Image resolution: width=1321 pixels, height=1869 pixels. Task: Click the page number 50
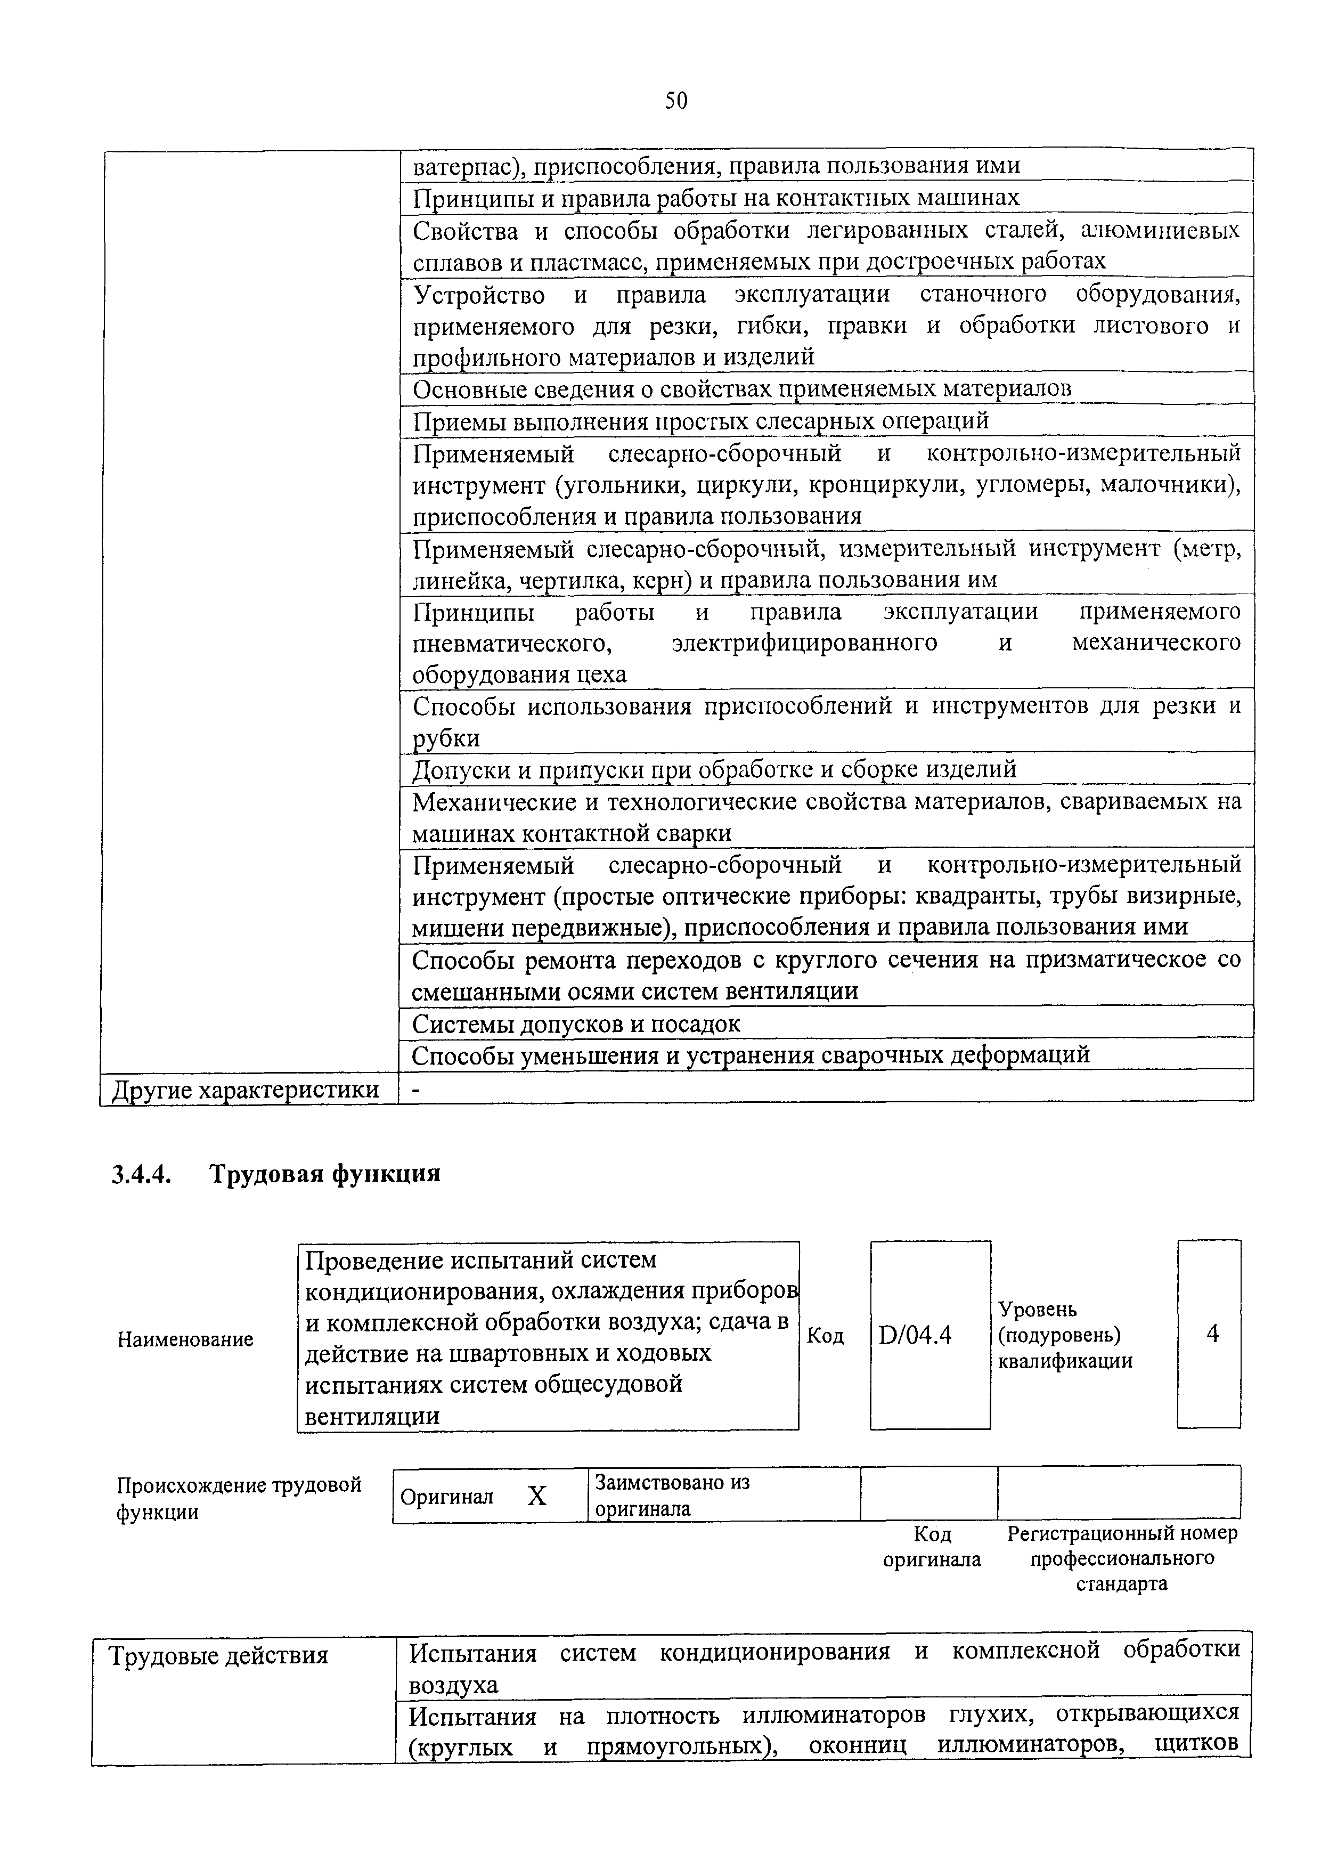click(675, 101)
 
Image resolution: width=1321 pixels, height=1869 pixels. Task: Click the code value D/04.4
click(915, 1336)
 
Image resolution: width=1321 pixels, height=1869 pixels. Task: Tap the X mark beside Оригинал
click(536, 1496)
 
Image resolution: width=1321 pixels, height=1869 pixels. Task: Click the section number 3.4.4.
click(141, 1174)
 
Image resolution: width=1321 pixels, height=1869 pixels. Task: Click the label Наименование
click(185, 1340)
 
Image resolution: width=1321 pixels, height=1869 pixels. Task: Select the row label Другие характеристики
click(245, 1090)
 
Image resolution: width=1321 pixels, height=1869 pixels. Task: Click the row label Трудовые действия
click(218, 1656)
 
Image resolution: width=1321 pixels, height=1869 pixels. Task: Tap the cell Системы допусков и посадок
click(576, 1024)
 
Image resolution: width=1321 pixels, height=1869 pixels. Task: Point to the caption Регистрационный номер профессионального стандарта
click(1122, 1558)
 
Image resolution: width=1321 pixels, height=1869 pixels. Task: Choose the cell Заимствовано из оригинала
click(672, 1496)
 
